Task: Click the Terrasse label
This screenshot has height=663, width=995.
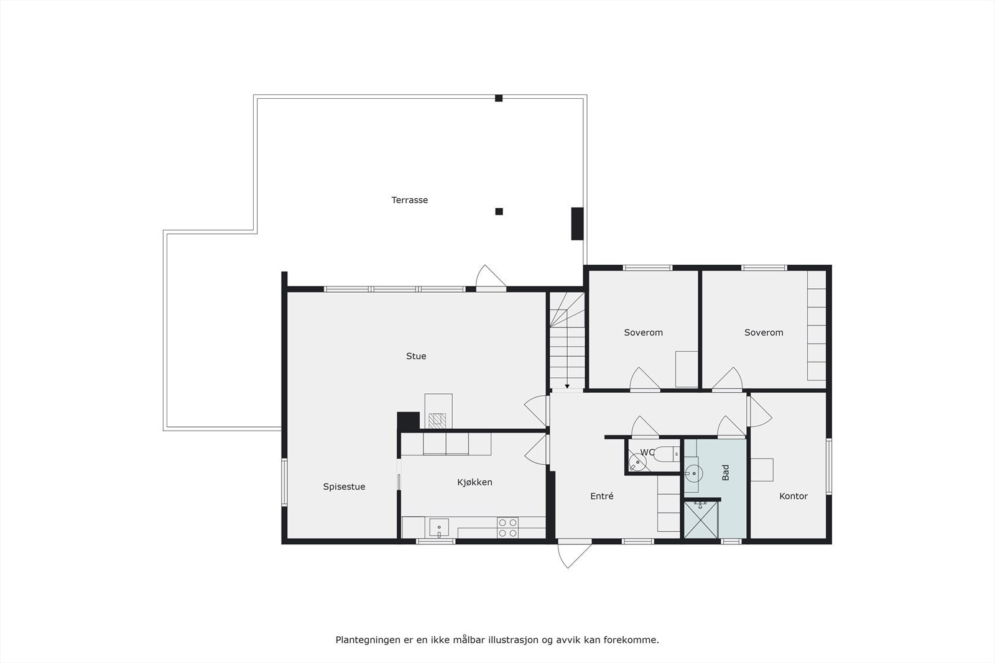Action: click(x=409, y=200)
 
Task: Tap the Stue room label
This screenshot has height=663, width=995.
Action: click(x=416, y=356)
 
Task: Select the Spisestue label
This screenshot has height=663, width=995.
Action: click(x=344, y=487)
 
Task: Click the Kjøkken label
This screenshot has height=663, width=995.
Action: click(x=474, y=482)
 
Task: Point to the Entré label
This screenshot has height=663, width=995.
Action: click(x=601, y=496)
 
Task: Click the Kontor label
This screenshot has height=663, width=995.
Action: click(x=793, y=496)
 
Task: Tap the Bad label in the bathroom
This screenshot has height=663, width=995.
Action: click(x=726, y=472)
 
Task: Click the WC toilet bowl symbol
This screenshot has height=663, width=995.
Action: click(x=637, y=462)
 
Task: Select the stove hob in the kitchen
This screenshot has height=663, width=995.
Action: click(x=507, y=528)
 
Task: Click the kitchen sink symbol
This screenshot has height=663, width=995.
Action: click(x=438, y=528)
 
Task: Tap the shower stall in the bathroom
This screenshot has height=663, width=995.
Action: click(x=701, y=519)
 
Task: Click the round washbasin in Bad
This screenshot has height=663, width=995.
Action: click(x=693, y=474)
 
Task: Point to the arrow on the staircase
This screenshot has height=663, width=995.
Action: click(x=567, y=386)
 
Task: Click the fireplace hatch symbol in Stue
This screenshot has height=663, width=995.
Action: click(x=438, y=420)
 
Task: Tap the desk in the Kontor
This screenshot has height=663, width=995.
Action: click(x=762, y=470)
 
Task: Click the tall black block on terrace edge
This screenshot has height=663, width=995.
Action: click(x=577, y=223)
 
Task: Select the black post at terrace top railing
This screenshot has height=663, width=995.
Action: click(x=499, y=98)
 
